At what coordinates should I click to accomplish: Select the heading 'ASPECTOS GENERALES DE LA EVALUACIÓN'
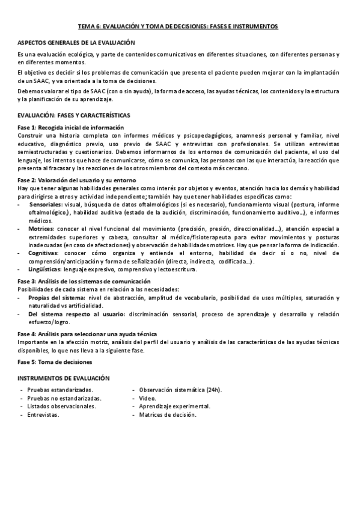(76, 43)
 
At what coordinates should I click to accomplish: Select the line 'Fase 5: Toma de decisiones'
(55, 362)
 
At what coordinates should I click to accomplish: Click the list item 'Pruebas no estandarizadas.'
(64, 398)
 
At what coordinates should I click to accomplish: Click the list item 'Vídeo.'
(147, 398)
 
